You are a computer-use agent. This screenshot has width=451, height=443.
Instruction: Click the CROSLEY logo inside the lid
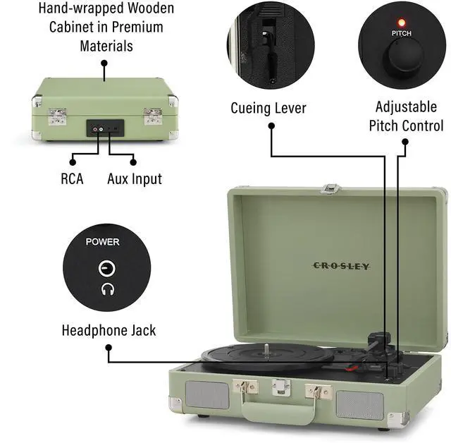pos(341,266)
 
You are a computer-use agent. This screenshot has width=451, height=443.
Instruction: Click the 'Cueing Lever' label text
pos(268,108)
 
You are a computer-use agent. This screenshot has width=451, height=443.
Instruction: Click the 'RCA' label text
pos(72,179)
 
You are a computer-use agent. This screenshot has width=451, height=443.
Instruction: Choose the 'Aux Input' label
pos(135,179)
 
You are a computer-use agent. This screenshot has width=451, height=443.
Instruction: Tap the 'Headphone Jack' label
pos(109,330)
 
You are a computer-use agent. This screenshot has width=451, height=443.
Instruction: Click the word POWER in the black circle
pos(103,242)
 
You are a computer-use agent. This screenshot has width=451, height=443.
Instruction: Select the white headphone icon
pos(107,289)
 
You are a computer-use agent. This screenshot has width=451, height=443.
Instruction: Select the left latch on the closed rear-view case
pos(57,116)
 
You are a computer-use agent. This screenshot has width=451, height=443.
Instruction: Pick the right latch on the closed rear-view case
pos(153,116)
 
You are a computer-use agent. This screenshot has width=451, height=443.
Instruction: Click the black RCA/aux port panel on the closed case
pos(105,128)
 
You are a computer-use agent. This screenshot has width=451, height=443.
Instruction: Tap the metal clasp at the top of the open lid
pos(330,188)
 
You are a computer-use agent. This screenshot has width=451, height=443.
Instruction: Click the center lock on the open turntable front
pos(282,387)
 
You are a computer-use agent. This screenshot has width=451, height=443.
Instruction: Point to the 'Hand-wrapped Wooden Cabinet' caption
pos(106,27)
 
